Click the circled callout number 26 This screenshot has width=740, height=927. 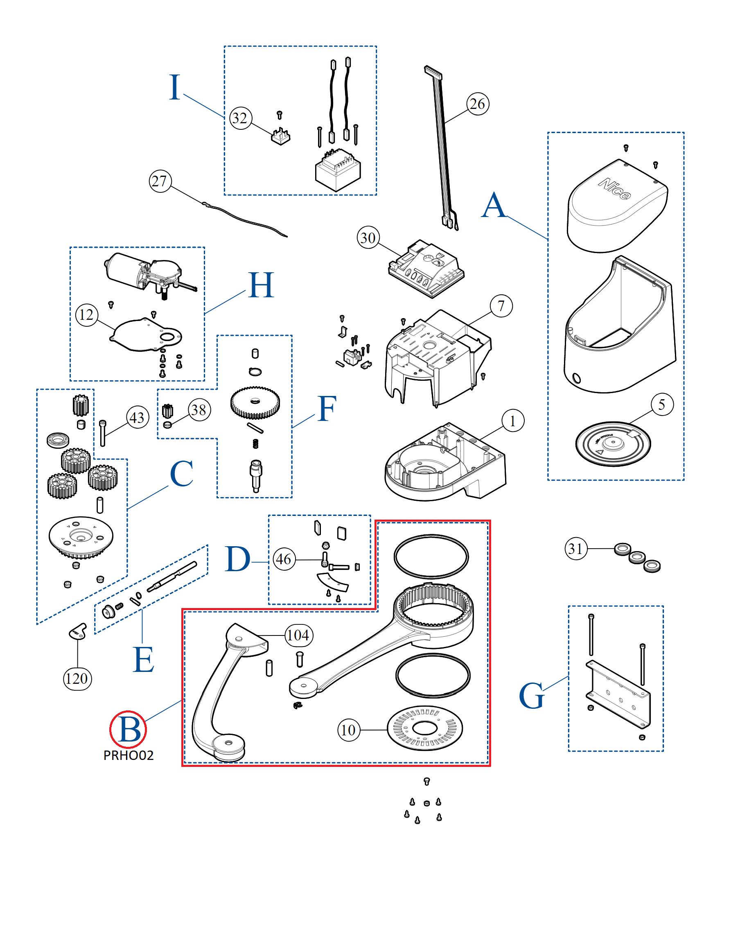[477, 104]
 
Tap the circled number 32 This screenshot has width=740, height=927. [240, 118]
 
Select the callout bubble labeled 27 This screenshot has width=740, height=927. [160, 181]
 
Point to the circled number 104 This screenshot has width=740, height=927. [299, 635]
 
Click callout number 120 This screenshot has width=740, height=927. [77, 679]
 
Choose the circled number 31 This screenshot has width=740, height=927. [576, 549]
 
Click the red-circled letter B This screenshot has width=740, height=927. [128, 729]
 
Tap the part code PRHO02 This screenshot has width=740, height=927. [128, 755]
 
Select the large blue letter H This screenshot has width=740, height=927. [261, 285]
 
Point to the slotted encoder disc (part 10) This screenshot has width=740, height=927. [424, 728]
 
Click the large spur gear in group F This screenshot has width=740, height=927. [255, 402]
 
